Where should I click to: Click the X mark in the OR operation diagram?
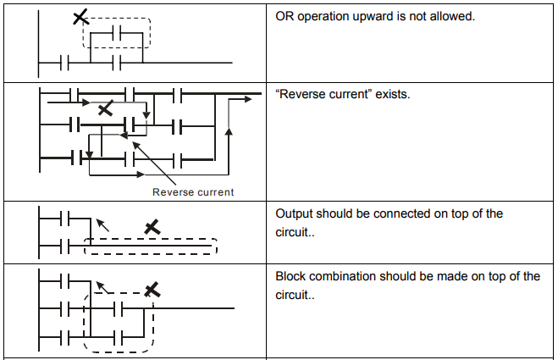(80, 17)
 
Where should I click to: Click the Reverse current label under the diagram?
(193, 192)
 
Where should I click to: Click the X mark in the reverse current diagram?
(105, 108)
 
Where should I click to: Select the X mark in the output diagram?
(152, 227)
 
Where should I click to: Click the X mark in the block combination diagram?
(152, 290)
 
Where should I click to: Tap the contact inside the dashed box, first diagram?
(117, 33)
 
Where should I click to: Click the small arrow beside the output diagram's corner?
(102, 225)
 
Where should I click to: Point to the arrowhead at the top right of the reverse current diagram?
(248, 99)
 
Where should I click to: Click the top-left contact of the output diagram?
(64, 218)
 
